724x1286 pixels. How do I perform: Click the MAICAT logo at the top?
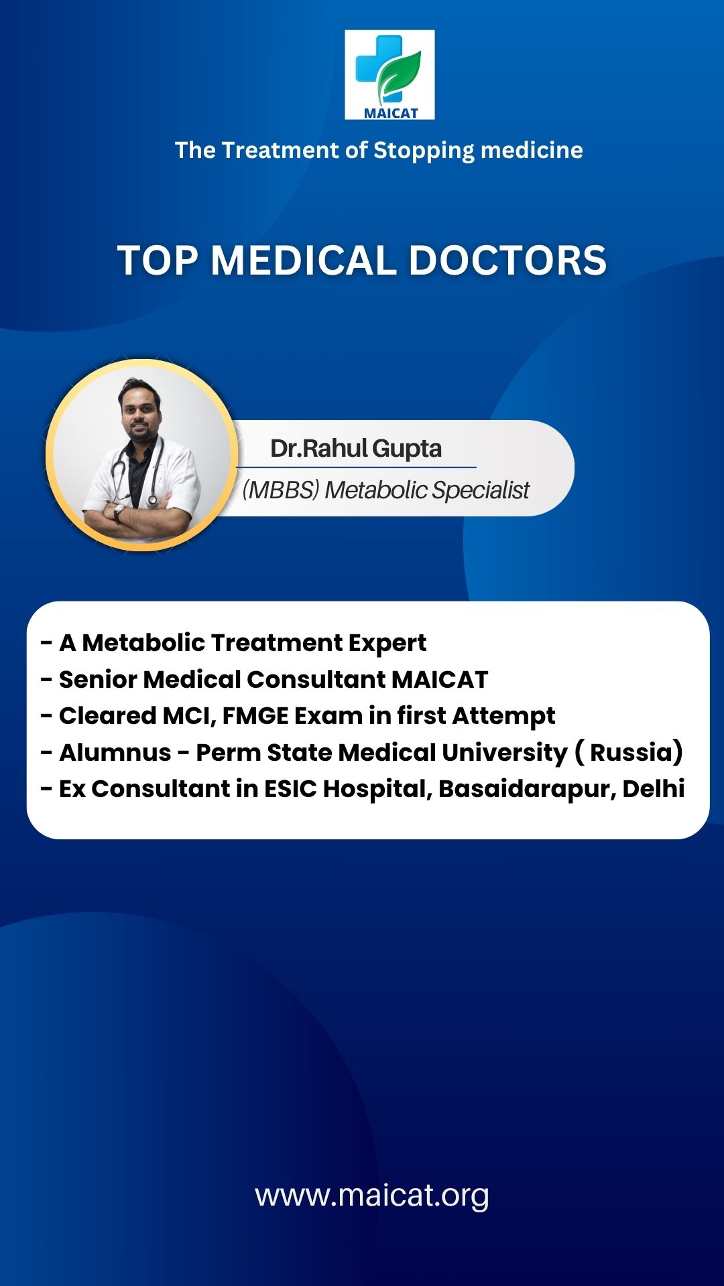point(389,74)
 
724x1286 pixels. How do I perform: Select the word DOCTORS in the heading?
point(507,260)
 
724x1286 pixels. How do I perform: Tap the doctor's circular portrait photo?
point(141,455)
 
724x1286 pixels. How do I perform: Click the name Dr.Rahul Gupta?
point(356,448)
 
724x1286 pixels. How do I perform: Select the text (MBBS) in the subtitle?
point(281,490)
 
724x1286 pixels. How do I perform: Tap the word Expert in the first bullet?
point(387,643)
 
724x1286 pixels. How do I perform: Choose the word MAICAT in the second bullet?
point(440,679)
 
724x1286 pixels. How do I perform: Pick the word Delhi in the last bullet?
point(654,788)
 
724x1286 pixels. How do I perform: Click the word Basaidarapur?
point(526,789)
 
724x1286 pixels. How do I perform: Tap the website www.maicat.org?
point(372,1196)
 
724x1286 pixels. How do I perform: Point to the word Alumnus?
point(115,752)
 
